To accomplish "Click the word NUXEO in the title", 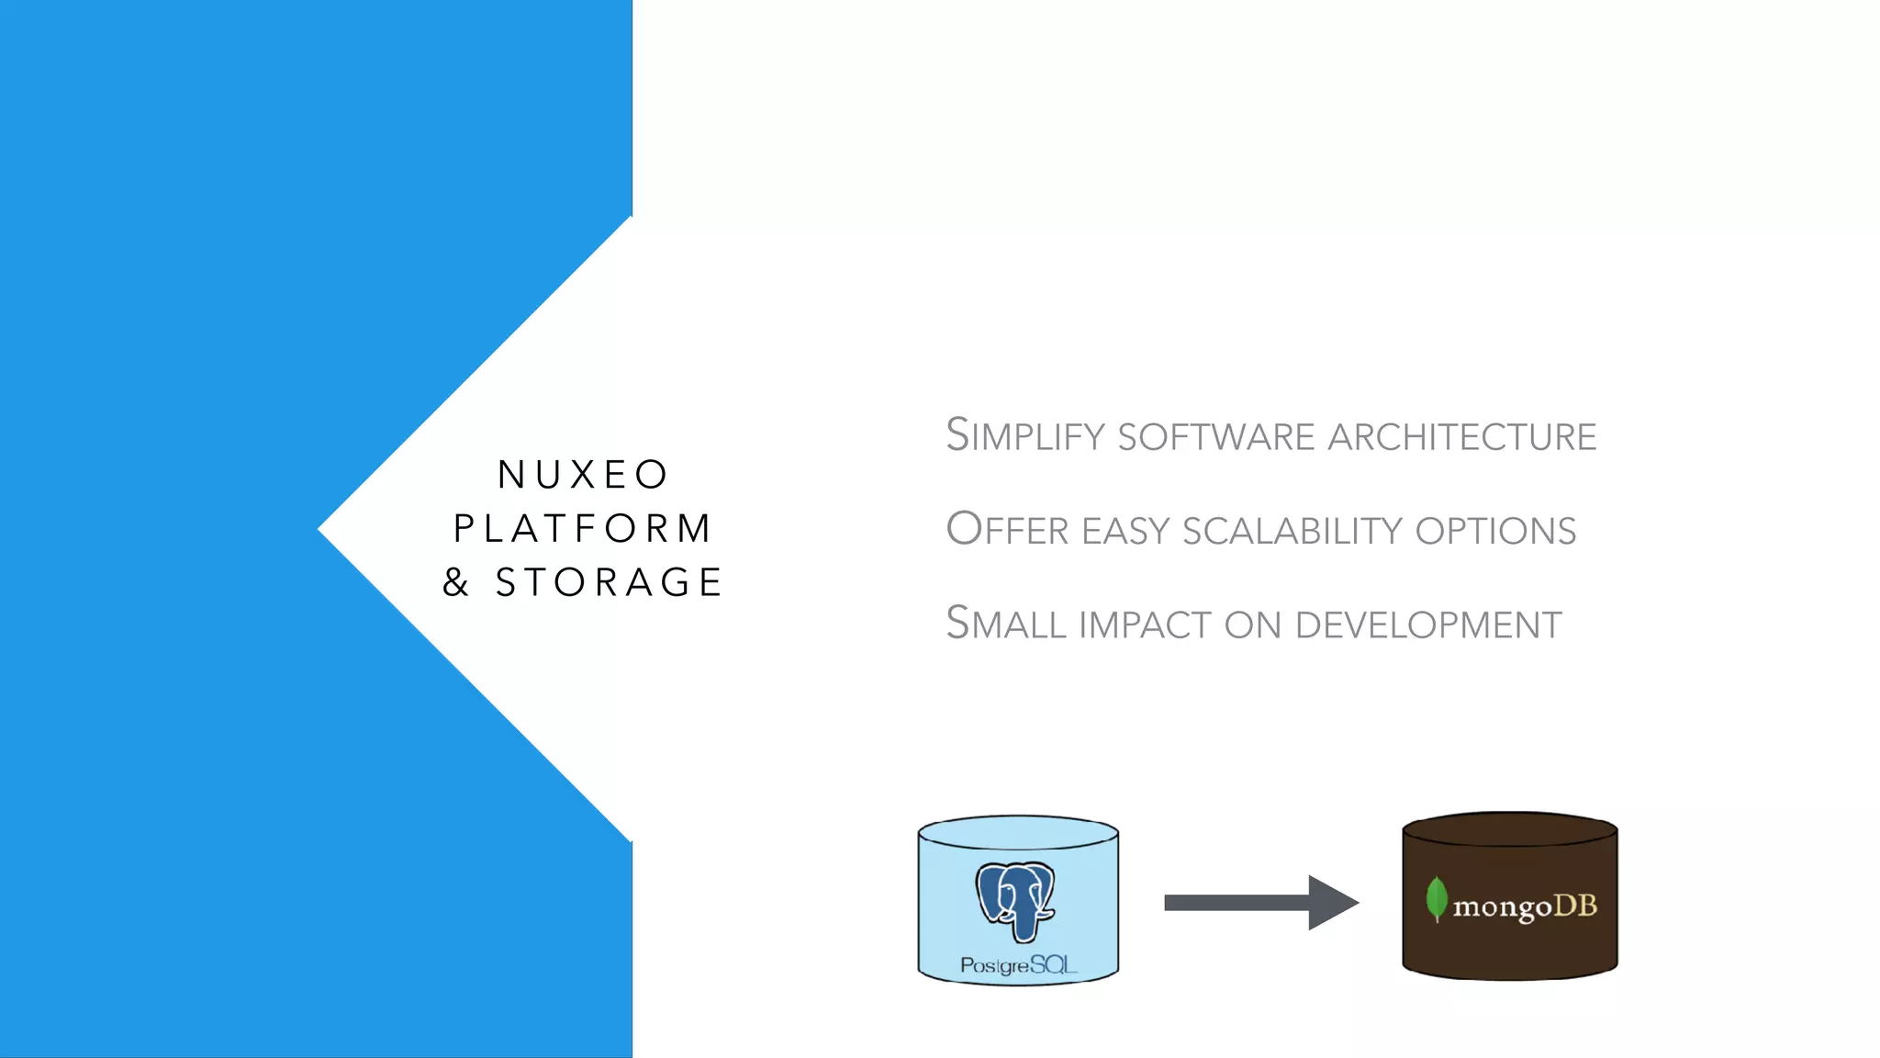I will point(583,475).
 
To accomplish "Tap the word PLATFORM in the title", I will point(583,528).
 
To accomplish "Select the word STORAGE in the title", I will point(610,582).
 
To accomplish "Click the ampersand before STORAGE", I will point(456,582).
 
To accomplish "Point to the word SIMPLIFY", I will point(1024,436).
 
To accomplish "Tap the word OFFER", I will point(1007,530).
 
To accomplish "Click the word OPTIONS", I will point(1495,531).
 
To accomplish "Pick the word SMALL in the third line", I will point(1005,625).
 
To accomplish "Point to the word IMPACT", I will point(1145,625).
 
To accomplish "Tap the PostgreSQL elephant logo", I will point(1016,900).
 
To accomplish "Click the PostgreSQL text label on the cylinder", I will point(1017,965).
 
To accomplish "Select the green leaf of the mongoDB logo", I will point(1437,898).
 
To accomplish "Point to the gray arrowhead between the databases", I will point(1331,903).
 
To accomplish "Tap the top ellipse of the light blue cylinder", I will point(1017,833).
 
